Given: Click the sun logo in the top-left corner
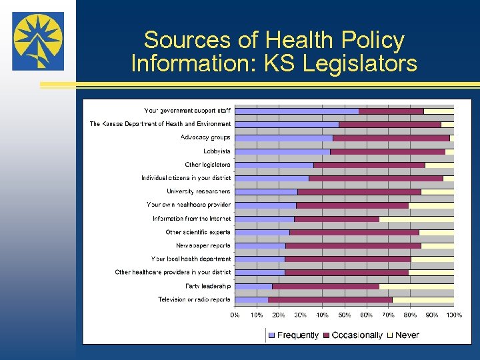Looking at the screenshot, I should [38, 41].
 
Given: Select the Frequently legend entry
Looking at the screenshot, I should [293, 335].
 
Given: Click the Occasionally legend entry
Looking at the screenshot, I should [353, 335].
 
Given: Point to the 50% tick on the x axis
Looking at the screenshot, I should [345, 315].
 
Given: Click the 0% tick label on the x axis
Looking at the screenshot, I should [235, 315].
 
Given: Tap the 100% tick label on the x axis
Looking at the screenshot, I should [453, 315].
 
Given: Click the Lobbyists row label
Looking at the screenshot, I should [217, 151].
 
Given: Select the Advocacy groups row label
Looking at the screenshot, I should [205, 137].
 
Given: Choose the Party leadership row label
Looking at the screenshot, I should [208, 286].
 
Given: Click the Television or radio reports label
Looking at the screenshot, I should [194, 299].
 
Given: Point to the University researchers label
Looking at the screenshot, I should [199, 191].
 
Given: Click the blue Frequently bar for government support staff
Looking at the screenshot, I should [297, 111].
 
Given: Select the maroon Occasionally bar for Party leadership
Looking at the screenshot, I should [325, 287].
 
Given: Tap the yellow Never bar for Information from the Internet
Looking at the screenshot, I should [416, 219].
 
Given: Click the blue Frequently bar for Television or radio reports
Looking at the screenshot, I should [251, 300].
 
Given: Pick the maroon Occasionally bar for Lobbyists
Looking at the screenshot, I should [387, 151].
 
